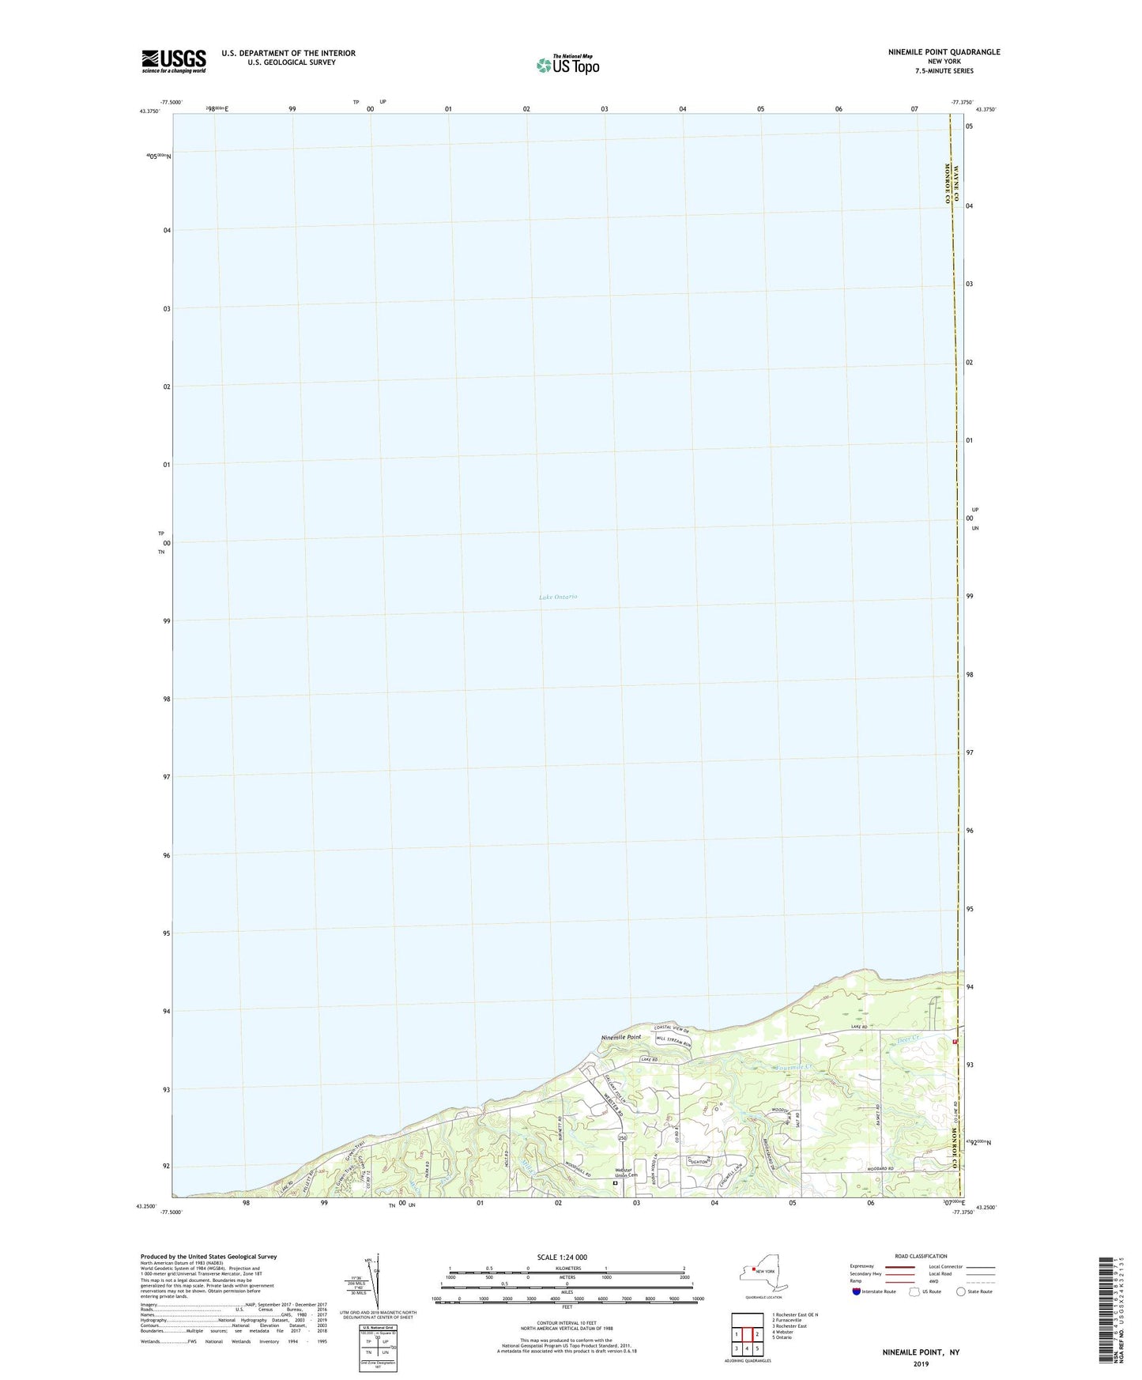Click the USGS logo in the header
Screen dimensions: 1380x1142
tap(174, 61)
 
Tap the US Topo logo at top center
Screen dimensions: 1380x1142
tap(567, 65)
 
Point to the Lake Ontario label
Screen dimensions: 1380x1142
tap(558, 597)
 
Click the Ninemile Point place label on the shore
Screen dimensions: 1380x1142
tap(621, 1037)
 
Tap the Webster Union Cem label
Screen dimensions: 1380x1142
tap(620, 1175)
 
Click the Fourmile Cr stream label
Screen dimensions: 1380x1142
tap(793, 1068)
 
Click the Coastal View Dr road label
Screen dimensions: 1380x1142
tap(672, 1029)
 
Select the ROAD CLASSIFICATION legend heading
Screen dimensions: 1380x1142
tap(921, 1256)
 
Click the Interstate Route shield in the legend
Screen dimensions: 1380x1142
tap(857, 1291)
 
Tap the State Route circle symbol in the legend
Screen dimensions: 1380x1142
tap(961, 1291)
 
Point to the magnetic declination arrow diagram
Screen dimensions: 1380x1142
tap(378, 1281)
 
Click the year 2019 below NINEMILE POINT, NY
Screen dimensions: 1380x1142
tap(921, 1363)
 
